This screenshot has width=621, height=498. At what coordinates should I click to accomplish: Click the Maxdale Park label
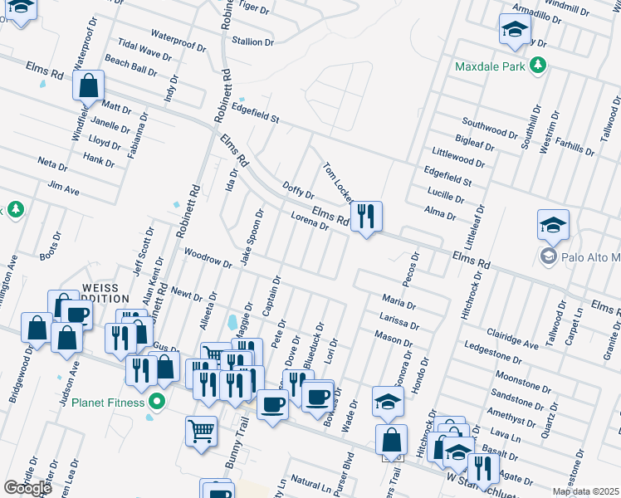(x=491, y=65)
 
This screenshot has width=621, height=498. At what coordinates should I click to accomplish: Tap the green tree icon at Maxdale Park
(x=537, y=65)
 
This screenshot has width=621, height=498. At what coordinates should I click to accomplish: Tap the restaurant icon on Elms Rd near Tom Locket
(x=365, y=217)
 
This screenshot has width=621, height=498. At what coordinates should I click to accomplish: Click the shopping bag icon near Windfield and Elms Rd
(x=87, y=85)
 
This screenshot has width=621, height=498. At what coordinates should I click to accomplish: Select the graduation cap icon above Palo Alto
(x=553, y=225)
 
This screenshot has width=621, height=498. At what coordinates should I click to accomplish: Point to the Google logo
(x=27, y=487)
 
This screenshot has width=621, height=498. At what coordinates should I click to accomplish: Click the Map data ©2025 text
(x=585, y=491)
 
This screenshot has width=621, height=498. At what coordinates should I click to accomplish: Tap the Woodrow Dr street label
(x=208, y=257)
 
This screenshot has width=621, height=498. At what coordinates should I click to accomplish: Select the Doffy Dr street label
(x=298, y=192)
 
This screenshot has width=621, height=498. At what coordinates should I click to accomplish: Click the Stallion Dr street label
(x=253, y=41)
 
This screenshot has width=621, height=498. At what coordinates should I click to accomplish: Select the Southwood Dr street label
(x=490, y=129)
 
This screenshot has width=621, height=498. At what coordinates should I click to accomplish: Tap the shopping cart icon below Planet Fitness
(x=201, y=432)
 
